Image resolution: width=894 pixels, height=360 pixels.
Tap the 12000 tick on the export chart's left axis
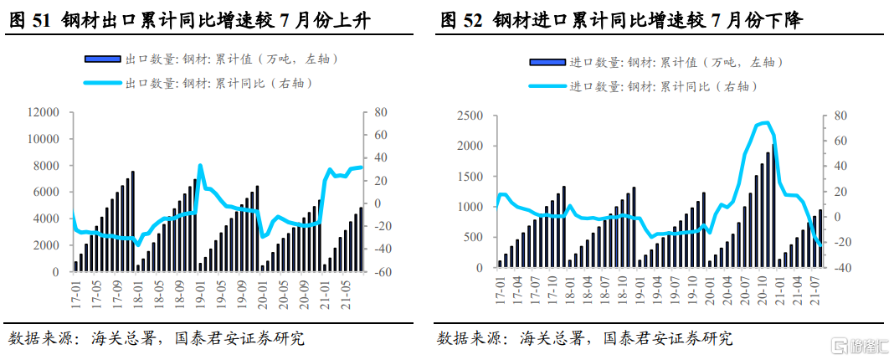(43, 112)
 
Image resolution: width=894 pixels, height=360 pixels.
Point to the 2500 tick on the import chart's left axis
(472, 116)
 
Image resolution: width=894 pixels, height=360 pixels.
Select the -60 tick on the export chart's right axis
(381, 272)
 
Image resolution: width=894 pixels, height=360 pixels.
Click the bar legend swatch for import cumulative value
(547, 62)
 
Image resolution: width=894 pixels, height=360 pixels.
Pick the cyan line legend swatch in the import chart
(547, 86)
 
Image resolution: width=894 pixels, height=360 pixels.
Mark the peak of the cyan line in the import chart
(766, 123)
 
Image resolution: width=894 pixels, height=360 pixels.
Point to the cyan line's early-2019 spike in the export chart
(200, 166)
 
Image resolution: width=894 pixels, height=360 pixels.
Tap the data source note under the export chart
(156, 338)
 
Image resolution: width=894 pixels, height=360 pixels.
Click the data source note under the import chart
(584, 338)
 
